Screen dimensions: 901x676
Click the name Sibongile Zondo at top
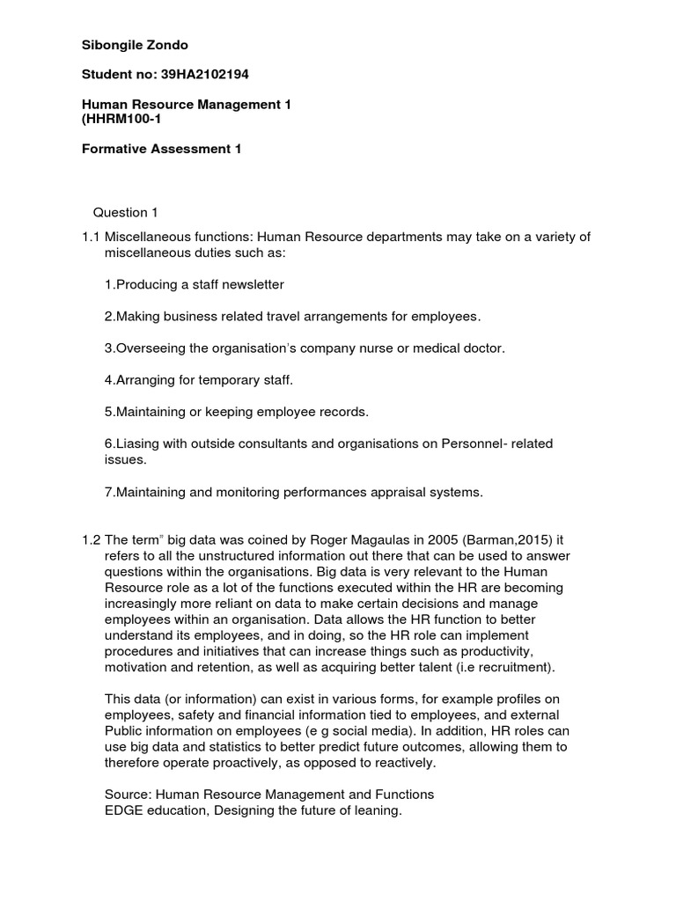click(135, 45)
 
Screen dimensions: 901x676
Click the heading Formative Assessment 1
click(161, 150)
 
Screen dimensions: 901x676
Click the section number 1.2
click(91, 539)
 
